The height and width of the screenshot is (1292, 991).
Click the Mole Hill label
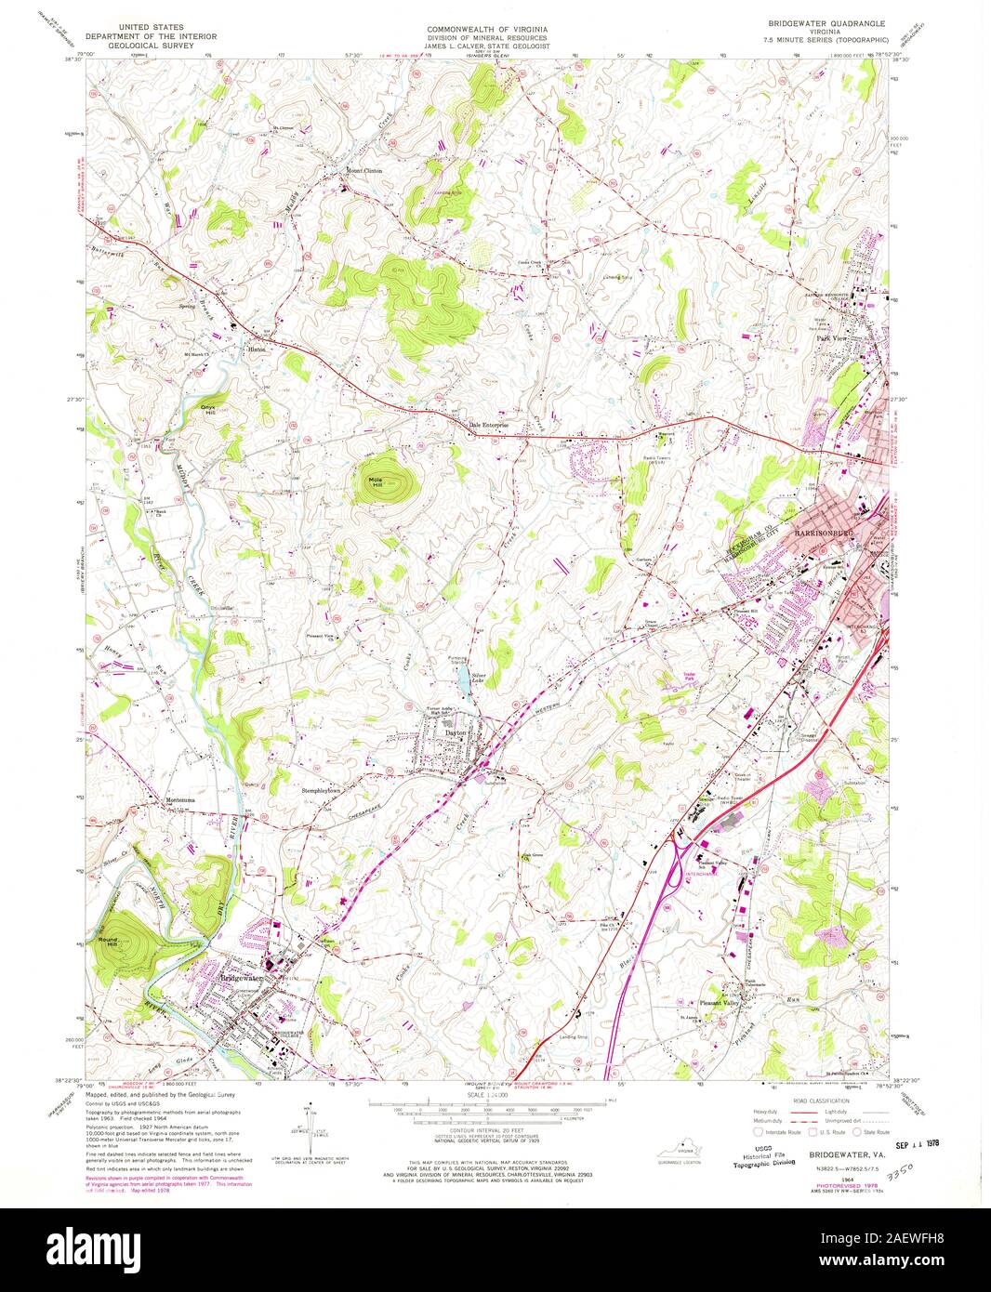(x=377, y=481)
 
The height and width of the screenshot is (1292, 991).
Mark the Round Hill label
(x=109, y=942)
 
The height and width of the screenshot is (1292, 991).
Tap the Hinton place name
(x=258, y=338)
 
